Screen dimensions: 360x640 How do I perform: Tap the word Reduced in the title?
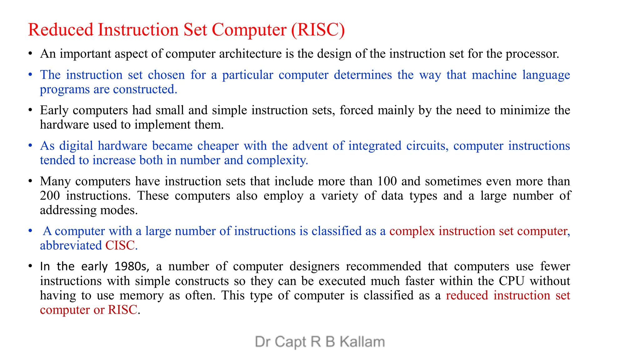point(61,30)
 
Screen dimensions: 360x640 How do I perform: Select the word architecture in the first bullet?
point(250,54)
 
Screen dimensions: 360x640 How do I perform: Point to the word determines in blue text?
point(362,75)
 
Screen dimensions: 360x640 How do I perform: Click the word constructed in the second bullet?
point(145,89)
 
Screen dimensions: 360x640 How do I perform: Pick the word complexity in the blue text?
point(277,160)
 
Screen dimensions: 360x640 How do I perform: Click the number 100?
point(387,181)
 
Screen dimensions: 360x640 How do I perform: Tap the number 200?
point(50,196)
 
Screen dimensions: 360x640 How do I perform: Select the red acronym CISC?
point(120,246)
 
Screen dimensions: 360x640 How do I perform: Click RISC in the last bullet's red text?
point(122,310)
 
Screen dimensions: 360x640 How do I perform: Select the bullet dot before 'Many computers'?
point(30,181)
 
